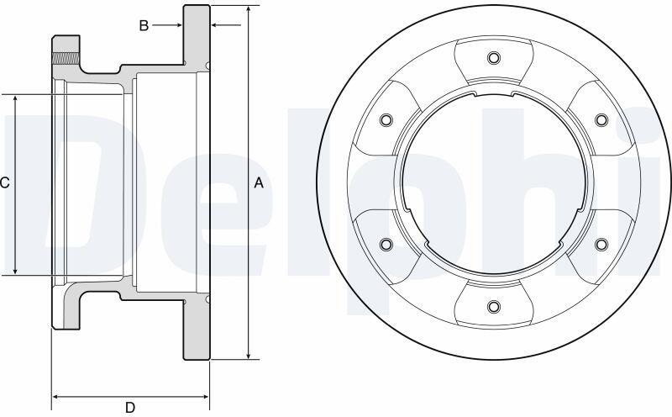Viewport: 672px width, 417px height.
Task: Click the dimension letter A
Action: [259, 183]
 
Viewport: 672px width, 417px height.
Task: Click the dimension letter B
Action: [144, 26]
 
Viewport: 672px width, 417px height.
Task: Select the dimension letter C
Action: [4, 183]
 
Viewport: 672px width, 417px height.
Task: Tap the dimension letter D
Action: [130, 407]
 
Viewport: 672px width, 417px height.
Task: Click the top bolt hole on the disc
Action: [494, 57]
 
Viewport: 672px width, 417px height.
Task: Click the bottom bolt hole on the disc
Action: [494, 306]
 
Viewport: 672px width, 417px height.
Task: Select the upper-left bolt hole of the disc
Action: [386, 119]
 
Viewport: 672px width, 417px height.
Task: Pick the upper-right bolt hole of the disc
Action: [601, 119]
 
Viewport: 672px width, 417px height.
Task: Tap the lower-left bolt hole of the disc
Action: [386, 244]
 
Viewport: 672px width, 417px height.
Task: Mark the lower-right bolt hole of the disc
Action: [601, 244]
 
